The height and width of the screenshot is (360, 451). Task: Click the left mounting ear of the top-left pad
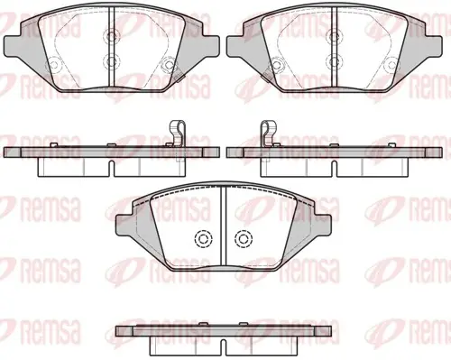[13, 46]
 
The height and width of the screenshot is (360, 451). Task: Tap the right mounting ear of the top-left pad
[211, 46]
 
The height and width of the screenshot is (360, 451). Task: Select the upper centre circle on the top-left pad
[111, 36]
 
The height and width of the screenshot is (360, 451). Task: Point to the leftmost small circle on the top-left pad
[54, 65]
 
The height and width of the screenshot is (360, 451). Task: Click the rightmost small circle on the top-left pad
[168, 65]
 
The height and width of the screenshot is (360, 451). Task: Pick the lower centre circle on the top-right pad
[335, 61]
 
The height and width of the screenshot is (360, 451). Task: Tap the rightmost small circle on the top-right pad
[391, 65]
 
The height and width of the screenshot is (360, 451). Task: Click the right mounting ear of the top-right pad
[434, 46]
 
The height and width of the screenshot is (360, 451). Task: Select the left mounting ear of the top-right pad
[235, 46]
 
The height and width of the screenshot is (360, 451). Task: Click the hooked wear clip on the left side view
[178, 134]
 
